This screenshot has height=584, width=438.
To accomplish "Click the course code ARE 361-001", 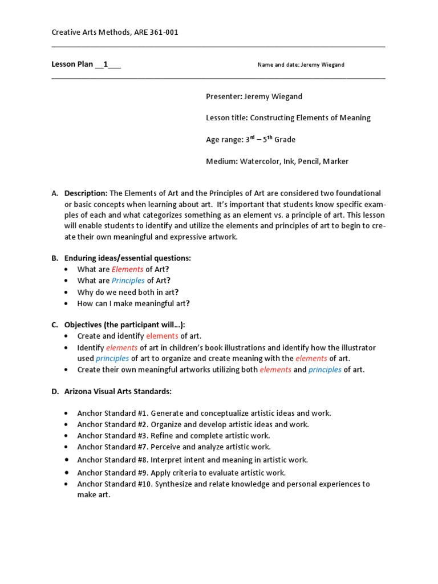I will click(x=157, y=33).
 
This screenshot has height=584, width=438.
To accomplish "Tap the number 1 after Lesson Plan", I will click(x=106, y=64).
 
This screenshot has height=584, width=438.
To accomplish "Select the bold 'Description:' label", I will click(x=86, y=193).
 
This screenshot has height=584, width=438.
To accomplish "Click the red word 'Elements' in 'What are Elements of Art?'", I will click(x=127, y=269).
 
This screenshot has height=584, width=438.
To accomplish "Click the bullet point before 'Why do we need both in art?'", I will click(x=67, y=292).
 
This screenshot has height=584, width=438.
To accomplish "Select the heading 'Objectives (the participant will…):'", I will click(x=124, y=325).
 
